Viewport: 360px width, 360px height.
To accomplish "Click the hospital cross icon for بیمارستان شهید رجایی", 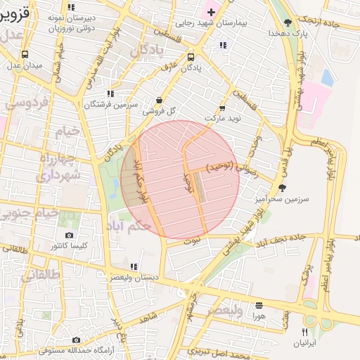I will (210, 13).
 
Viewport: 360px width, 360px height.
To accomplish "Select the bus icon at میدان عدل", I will (25, 54).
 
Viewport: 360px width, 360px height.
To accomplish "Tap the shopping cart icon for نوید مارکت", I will (222, 108).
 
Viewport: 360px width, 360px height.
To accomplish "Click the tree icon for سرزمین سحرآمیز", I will (282, 188).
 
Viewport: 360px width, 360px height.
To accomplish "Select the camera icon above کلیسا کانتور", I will (69, 235).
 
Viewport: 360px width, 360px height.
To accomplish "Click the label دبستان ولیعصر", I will (134, 278).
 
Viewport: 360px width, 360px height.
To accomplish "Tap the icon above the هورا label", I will (259, 305).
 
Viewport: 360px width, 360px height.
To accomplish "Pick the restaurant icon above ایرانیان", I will (304, 331).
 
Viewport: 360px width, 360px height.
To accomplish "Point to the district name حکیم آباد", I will (128, 226).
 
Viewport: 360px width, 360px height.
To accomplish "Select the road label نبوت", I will (192, 240).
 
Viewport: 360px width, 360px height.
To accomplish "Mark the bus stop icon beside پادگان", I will (191, 57).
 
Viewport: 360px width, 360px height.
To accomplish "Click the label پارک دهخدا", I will (288, 33).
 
